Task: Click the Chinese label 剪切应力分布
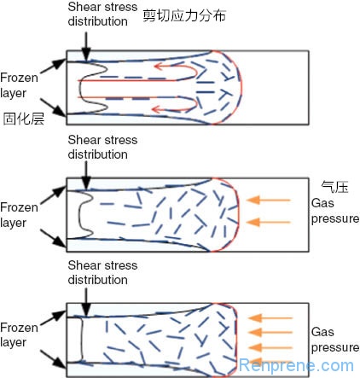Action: (x=184, y=15)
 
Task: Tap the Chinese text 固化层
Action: (x=24, y=119)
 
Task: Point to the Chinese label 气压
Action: (x=334, y=187)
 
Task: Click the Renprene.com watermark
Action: (x=296, y=365)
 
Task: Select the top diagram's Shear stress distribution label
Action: (x=102, y=15)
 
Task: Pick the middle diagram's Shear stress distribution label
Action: (x=102, y=147)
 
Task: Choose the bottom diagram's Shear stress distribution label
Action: (x=102, y=272)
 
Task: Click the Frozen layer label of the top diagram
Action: (x=19, y=85)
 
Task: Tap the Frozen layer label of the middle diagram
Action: (x=19, y=215)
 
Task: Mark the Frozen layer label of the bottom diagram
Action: (x=19, y=335)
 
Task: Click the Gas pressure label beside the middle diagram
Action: (x=335, y=211)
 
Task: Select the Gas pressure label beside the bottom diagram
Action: (x=335, y=340)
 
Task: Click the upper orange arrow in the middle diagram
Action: (x=268, y=200)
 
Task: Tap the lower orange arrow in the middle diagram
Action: (x=268, y=222)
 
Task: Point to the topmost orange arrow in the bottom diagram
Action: (x=270, y=317)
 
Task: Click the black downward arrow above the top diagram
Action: (x=86, y=45)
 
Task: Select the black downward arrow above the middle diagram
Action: (x=86, y=175)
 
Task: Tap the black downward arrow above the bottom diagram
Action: (x=86, y=301)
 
